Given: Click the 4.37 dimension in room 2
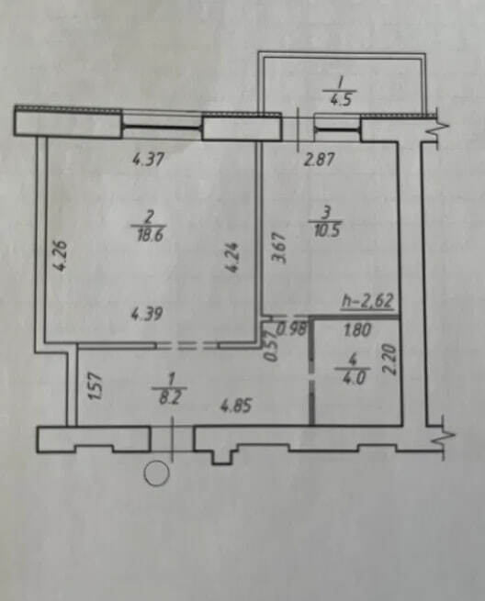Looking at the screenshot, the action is pyautogui.click(x=148, y=159).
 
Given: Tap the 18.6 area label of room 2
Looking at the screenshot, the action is pyautogui.click(x=150, y=234).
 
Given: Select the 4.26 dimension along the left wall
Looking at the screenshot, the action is pyautogui.click(x=62, y=255).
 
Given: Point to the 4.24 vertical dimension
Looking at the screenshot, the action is pyautogui.click(x=232, y=256).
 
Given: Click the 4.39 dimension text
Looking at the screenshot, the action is pyautogui.click(x=147, y=314).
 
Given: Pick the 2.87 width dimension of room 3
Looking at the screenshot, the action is pyautogui.click(x=320, y=160).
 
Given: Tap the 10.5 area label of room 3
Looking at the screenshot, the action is pyautogui.click(x=327, y=231).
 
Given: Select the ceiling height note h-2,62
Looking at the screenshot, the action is pyautogui.click(x=367, y=301).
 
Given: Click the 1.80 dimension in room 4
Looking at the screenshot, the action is pyautogui.click(x=357, y=330).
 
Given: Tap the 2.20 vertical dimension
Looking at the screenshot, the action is pyautogui.click(x=389, y=359).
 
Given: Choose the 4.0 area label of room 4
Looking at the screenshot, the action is pyautogui.click(x=352, y=377).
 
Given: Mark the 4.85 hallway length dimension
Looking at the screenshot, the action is pyautogui.click(x=235, y=406).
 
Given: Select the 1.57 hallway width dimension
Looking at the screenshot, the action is pyautogui.click(x=96, y=386).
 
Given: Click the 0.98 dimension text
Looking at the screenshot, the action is pyautogui.click(x=293, y=329).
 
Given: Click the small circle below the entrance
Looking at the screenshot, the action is pyautogui.click(x=156, y=473).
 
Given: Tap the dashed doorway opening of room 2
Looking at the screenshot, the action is pyautogui.click(x=187, y=345).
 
